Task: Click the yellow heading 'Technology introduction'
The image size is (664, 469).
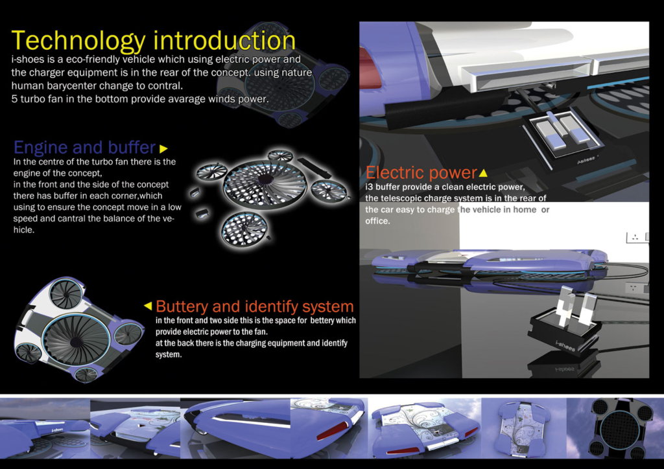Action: [x=153, y=41]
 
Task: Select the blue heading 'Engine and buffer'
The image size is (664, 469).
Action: [x=85, y=147]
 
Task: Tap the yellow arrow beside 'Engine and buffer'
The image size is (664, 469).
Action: [x=163, y=148]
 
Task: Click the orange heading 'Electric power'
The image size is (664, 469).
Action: [x=421, y=172]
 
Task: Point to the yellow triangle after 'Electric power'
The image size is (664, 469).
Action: [x=482, y=172]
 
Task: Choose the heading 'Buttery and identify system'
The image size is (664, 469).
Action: [x=254, y=306]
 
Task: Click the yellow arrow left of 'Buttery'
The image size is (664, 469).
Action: [x=148, y=305]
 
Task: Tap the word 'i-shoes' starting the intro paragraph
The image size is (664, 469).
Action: [x=26, y=59]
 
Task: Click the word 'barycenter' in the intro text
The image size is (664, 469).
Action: [x=75, y=86]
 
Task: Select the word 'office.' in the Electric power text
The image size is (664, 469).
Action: [x=378, y=221]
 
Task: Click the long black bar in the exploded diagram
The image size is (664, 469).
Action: [x=314, y=168]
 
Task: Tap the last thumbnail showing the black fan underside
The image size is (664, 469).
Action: [x=615, y=428]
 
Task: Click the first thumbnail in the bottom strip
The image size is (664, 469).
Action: [x=45, y=428]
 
